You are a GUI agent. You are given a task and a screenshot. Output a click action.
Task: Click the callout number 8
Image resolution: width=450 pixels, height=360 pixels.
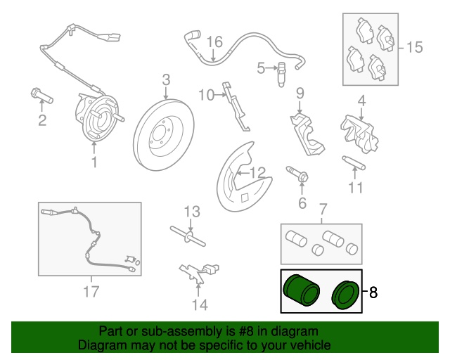click(373, 292)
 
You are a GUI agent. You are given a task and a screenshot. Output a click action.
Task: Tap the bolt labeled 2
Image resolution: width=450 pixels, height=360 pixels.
click(41, 96)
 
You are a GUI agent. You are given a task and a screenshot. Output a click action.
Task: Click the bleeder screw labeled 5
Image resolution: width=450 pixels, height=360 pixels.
click(281, 75)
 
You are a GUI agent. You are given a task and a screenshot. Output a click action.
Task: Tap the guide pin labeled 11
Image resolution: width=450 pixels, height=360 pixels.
click(354, 163)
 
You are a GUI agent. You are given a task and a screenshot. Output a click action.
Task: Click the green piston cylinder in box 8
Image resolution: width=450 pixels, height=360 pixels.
click(301, 290)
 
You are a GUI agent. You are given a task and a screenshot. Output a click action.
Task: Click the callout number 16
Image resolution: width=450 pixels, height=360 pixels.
click(214, 42)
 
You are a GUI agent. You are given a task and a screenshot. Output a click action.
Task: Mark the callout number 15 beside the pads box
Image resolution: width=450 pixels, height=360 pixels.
click(414, 47)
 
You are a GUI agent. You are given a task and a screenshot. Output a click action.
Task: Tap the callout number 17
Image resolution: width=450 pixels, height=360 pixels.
click(91, 291)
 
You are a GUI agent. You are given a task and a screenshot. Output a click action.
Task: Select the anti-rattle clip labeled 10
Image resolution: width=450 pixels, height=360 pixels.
click(237, 107)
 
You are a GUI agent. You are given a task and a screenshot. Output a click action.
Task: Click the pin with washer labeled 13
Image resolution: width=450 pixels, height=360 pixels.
click(188, 236)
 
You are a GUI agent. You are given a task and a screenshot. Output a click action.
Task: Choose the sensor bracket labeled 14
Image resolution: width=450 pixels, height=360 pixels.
click(199, 274)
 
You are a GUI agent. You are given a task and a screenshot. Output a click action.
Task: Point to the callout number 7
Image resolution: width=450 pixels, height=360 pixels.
click(323, 210)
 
